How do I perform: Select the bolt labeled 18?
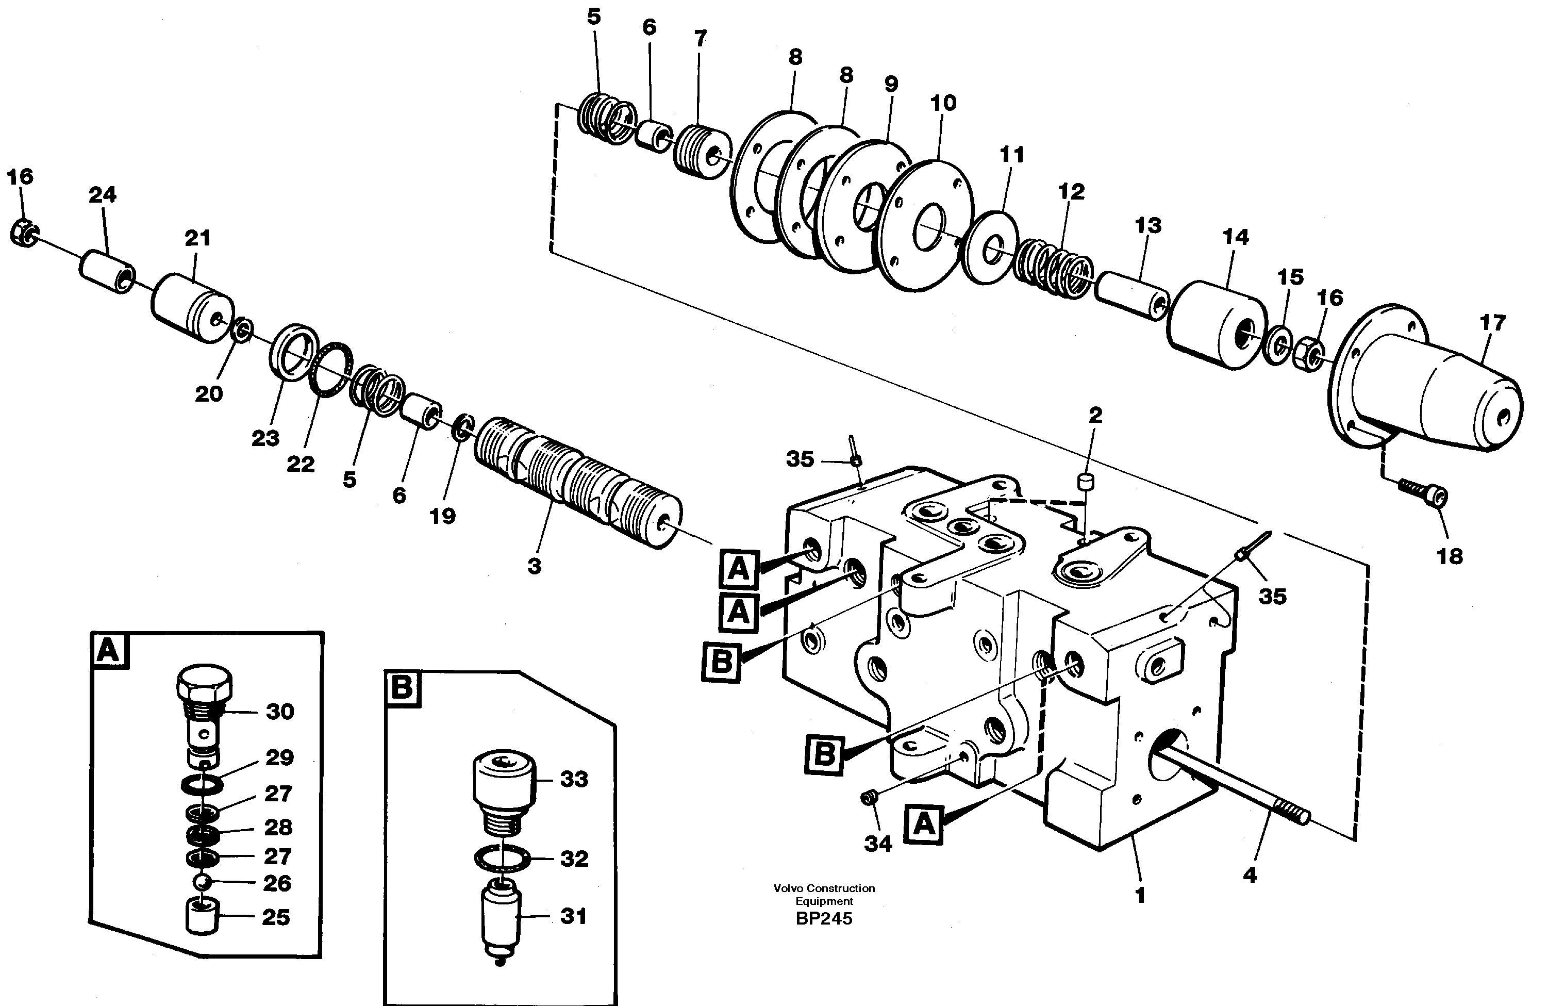point(1424,501)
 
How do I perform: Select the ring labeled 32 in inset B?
point(501,857)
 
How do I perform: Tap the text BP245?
point(823,919)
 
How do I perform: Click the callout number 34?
point(877,844)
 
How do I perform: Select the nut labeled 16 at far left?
point(25,233)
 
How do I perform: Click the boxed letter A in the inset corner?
point(109,649)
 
